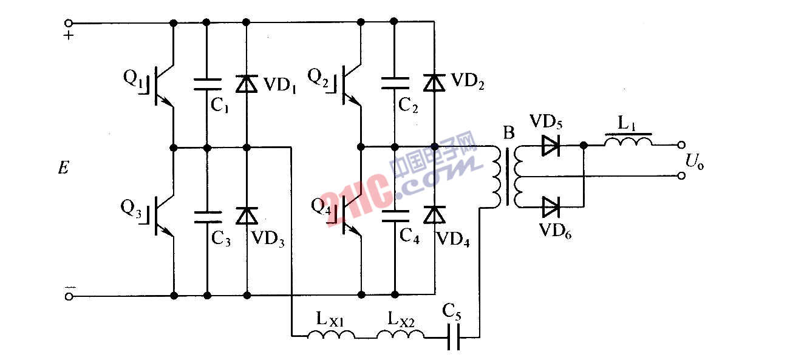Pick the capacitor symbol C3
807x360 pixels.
pos(207,216)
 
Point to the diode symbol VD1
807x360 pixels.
pos(247,84)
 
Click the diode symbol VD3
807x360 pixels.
pos(247,215)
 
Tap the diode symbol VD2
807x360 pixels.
pos(435,83)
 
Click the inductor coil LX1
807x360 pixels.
pos(326,334)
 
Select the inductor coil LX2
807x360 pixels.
pos(395,334)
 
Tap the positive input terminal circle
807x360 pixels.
pos(69,24)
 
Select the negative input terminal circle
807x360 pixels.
pos(69,296)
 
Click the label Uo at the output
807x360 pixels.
pos(695,161)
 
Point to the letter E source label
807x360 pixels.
pos(63,168)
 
